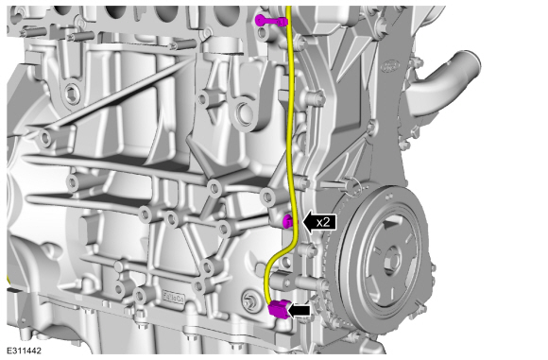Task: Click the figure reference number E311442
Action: [x=24, y=351]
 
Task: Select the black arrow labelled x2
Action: [x=319, y=222]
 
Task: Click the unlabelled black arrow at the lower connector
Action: [x=299, y=310]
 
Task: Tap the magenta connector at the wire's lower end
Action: [x=279, y=309]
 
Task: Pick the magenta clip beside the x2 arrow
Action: [x=287, y=221]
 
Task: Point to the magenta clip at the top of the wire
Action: [x=271, y=21]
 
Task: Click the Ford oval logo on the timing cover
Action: [x=390, y=66]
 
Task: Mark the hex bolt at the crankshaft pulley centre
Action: [x=391, y=261]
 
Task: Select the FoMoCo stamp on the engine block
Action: [x=173, y=298]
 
